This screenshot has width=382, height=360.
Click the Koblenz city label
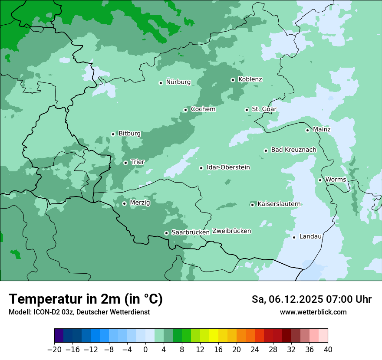[x=250, y=79]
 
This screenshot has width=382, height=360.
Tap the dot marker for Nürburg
[x=161, y=82]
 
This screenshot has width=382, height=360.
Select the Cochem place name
[x=203, y=109]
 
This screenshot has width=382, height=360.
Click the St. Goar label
[x=264, y=109]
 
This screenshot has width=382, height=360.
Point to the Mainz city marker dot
[x=307, y=130]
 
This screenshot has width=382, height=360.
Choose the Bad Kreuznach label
[x=293, y=150]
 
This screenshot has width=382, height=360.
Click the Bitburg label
[x=129, y=134]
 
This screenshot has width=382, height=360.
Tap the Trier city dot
[x=125, y=163]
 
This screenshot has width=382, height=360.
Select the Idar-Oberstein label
[x=228, y=167]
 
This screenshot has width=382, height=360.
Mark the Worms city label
[x=336, y=180]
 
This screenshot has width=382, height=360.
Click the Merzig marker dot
[x=124, y=203]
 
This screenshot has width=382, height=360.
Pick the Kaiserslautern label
[x=279, y=204]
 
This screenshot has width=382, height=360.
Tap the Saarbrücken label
[x=191, y=232]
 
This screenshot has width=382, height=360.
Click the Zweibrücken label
[x=232, y=231]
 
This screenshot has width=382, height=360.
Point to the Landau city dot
[x=294, y=237]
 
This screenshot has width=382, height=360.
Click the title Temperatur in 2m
[x=86, y=299]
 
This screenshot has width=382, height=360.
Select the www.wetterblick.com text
[x=313, y=312]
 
